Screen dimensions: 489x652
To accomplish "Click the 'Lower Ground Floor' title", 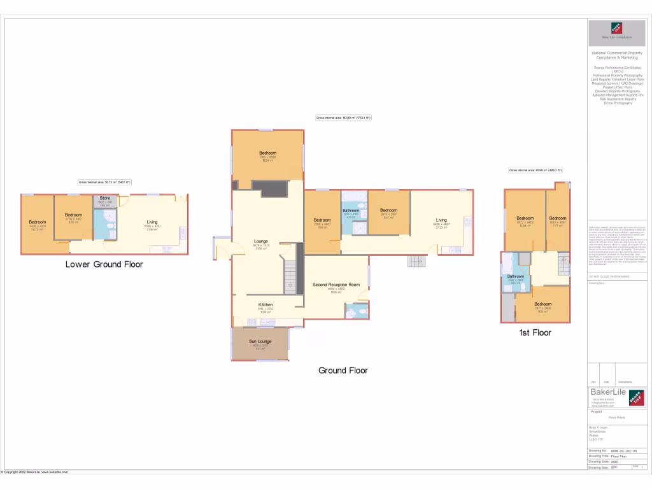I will pos(104,264).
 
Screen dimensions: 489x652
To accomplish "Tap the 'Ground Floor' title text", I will pos(343,370).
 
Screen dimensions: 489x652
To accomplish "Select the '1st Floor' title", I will pos(535,332).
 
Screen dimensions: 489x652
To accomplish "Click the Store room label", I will pos(104,199).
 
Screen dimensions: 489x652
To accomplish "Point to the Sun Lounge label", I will pos(260,341).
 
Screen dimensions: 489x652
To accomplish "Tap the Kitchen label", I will pos(266,305).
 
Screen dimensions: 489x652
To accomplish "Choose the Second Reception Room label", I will pos(336,285).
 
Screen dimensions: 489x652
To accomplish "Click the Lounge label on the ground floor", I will pos(261,241).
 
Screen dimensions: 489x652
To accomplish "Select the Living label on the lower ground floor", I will pos(152,222).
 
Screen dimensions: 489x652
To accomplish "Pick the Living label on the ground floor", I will pos(441,220).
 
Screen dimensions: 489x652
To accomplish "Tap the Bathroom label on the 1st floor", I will pos(515,276).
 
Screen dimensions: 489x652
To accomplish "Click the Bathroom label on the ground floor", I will pos(351,210).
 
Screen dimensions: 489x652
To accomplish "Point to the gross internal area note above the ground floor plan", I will pos(343,118).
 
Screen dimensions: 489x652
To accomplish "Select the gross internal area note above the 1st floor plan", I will pos(535,170).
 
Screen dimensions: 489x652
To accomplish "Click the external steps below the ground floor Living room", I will pos(416,261).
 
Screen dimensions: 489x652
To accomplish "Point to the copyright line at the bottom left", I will pos(34,472).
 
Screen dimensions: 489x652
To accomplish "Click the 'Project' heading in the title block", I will pos(597,411).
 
